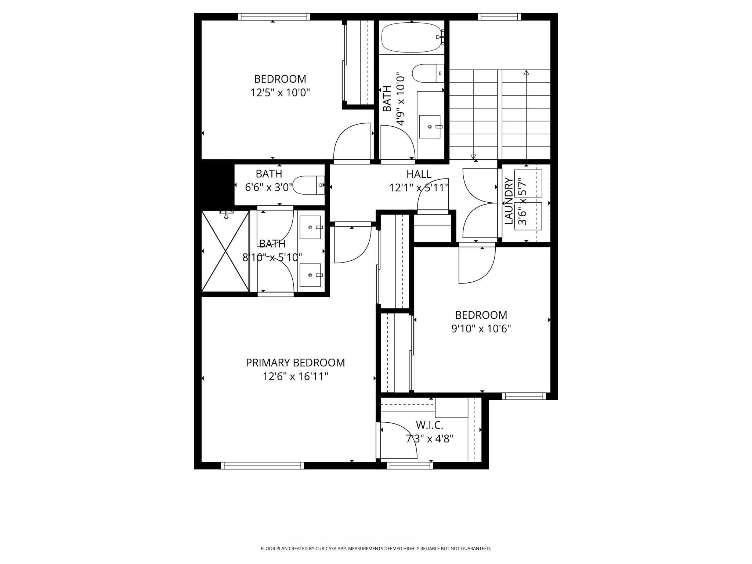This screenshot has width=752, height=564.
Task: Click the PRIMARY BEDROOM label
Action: tap(295, 363)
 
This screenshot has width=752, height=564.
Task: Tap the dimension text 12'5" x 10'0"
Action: tap(280, 93)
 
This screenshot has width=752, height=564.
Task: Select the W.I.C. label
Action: tap(429, 425)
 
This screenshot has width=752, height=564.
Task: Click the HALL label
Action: tap(419, 174)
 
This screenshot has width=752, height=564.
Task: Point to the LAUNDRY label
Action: tap(509, 201)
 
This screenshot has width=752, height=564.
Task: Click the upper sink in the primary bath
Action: tap(311, 227)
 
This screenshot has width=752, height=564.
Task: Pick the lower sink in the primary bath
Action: tap(311, 275)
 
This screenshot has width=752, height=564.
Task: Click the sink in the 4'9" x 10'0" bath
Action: tap(430, 127)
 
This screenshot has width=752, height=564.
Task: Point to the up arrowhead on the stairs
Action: tap(526, 73)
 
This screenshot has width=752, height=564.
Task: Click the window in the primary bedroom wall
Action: tap(263, 466)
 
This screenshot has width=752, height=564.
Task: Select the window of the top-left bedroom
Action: tap(274, 17)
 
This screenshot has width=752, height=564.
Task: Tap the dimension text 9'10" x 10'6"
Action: tap(481, 329)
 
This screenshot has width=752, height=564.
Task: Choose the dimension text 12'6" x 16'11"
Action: tap(295, 377)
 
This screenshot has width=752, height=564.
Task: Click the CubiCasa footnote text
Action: tap(376, 549)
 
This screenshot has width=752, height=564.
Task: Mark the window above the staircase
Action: tap(499, 17)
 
